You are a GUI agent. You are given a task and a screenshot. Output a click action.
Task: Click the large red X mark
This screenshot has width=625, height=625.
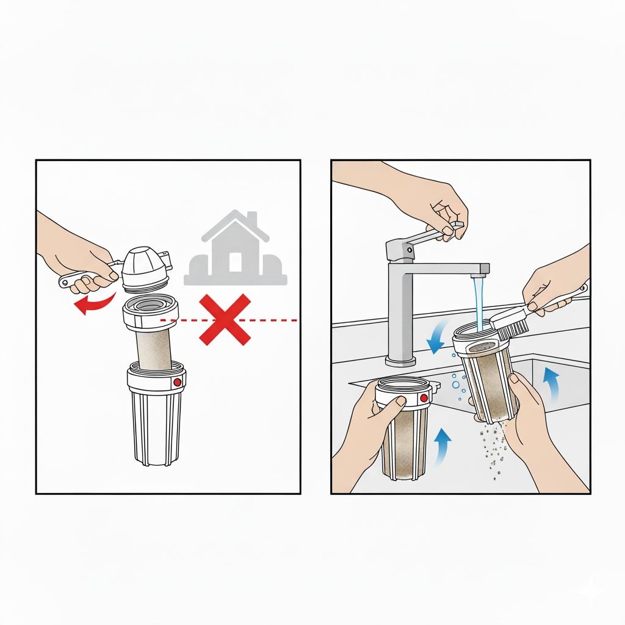click(225, 319)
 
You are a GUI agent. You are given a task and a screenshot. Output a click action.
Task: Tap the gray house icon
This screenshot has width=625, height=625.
click(236, 250)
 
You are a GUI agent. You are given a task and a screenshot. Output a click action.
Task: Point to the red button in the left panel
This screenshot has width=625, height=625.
click(177, 383)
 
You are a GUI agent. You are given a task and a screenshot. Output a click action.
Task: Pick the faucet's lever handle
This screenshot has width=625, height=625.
click(427, 235)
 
